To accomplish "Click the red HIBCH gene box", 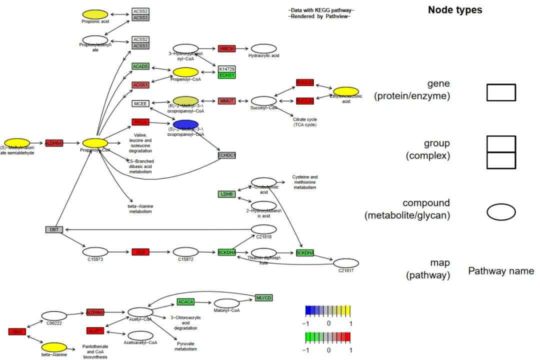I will [226, 48].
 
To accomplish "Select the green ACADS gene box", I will [140, 66].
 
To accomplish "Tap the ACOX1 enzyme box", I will [140, 85].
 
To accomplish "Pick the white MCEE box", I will [140, 103].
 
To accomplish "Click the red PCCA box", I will [140, 122].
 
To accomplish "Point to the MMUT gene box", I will [226, 101].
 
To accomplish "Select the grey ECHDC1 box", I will [226, 155].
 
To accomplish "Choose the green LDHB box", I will [226, 194].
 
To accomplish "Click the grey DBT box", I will [53, 229].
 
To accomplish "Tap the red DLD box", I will [140, 252].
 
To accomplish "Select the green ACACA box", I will [185, 302].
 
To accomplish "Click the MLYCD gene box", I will [263, 298].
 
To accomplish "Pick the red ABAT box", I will [16, 331].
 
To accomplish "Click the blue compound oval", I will [185, 124].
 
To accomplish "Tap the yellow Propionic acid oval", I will [95, 14].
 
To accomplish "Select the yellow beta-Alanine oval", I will [54, 347].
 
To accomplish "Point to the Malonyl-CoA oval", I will [226, 303].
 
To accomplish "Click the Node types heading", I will [455, 10].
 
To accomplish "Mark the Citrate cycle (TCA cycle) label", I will [304, 122].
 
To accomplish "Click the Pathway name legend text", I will [501, 271].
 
